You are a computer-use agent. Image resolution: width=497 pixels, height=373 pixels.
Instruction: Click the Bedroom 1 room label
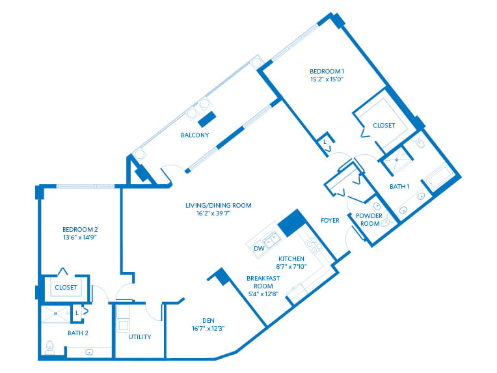(327, 71)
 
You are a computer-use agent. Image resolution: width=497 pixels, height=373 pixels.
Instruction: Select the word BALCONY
(195, 135)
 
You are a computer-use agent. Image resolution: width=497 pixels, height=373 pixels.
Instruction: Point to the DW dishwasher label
(259, 248)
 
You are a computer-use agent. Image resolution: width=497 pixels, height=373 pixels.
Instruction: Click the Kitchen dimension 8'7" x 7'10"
(291, 267)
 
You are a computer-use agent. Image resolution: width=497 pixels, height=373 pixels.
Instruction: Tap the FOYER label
(330, 220)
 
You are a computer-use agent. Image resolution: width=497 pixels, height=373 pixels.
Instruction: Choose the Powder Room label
(369, 219)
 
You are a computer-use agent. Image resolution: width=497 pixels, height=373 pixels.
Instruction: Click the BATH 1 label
(399, 187)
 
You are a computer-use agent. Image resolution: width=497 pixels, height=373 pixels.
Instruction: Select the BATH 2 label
(77, 333)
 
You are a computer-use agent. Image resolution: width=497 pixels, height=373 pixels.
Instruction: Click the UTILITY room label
(139, 337)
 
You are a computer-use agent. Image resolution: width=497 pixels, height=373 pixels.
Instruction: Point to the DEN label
(208, 320)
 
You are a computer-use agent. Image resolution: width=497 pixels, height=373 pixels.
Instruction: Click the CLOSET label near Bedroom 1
(383, 126)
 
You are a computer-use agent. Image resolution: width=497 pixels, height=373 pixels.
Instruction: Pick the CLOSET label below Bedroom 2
(66, 287)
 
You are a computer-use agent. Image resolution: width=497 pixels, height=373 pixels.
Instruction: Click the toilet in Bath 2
(49, 346)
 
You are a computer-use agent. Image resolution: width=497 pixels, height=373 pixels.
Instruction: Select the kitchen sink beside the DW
(271, 240)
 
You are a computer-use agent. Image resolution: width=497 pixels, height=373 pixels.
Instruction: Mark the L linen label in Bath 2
(77, 313)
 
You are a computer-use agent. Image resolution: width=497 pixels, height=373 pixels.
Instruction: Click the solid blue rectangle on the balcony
(208, 120)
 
